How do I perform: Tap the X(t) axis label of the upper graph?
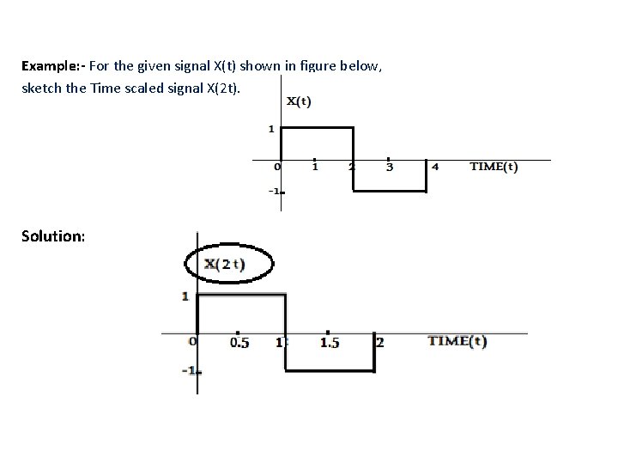coord(299,101)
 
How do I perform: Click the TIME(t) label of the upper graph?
coord(494,167)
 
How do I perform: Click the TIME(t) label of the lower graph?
coord(457,341)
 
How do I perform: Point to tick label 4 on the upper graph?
coord(435,167)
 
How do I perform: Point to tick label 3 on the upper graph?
coord(391,167)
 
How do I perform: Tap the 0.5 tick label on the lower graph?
coord(240,343)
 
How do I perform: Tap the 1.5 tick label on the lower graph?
coord(330,343)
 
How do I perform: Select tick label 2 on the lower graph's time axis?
coord(380,343)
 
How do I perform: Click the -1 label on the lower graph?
coord(191,371)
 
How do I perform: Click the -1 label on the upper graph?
coord(275,191)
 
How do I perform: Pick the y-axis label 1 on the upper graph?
coord(271,130)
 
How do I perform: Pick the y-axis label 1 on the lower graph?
coord(185,297)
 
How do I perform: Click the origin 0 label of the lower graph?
coord(192,341)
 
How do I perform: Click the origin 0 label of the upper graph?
coord(277,167)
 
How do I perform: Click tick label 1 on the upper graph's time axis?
coord(315,167)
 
